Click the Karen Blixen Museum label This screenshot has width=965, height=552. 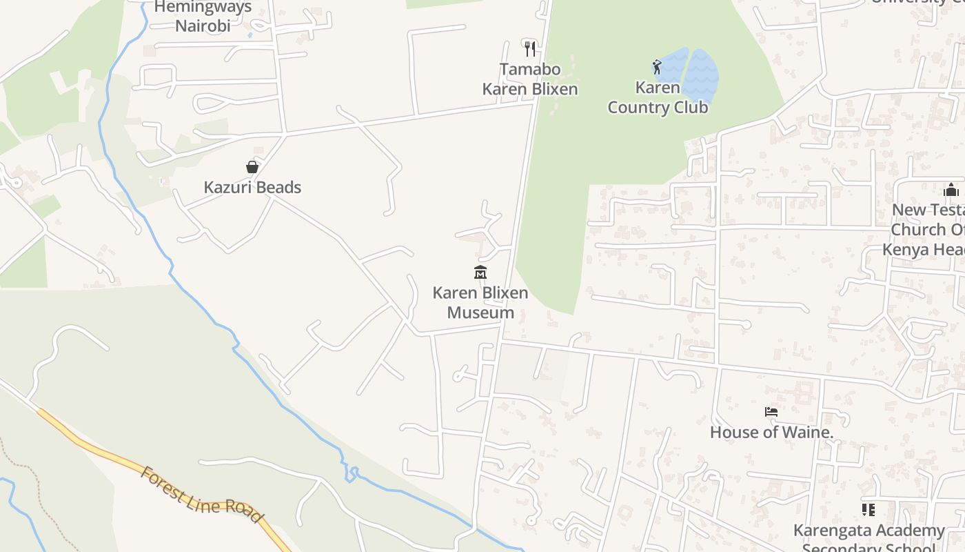(x=480, y=302)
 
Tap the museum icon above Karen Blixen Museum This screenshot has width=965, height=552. (x=480, y=273)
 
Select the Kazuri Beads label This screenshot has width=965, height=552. (x=252, y=187)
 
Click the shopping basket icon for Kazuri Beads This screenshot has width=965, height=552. (x=252, y=167)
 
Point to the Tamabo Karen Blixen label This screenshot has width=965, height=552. (x=529, y=79)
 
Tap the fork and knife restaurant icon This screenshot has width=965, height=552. (x=529, y=48)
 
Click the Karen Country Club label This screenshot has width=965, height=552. (x=658, y=97)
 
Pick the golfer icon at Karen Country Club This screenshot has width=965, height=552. (x=657, y=67)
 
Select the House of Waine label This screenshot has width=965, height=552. (x=771, y=433)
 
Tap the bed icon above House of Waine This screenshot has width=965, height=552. (x=771, y=412)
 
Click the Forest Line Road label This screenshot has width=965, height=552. (x=201, y=495)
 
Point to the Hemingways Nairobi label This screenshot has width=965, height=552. (x=203, y=17)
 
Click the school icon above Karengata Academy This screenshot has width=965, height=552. (x=868, y=510)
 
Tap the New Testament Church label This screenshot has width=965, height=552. (x=927, y=229)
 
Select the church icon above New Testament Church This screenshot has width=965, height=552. (x=951, y=190)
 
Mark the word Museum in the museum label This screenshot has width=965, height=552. (x=480, y=313)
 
